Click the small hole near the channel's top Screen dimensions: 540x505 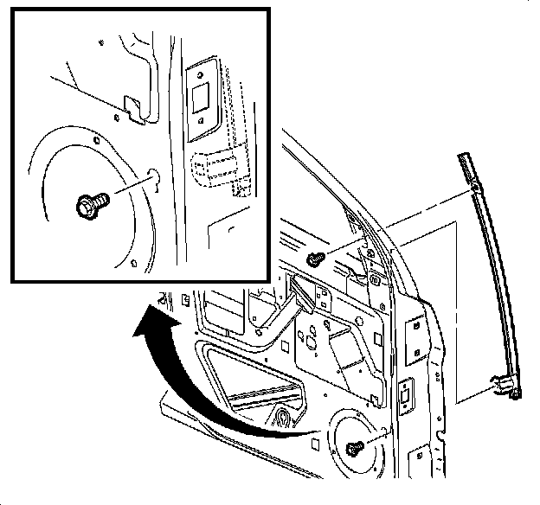(x=476, y=188)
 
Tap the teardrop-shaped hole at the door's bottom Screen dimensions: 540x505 (x=283, y=419)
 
